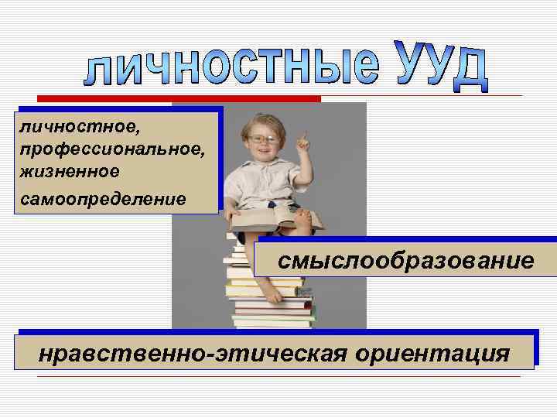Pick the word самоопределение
coord(104,199)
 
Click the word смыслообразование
coord(406,260)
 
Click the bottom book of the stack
coord(275,324)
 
